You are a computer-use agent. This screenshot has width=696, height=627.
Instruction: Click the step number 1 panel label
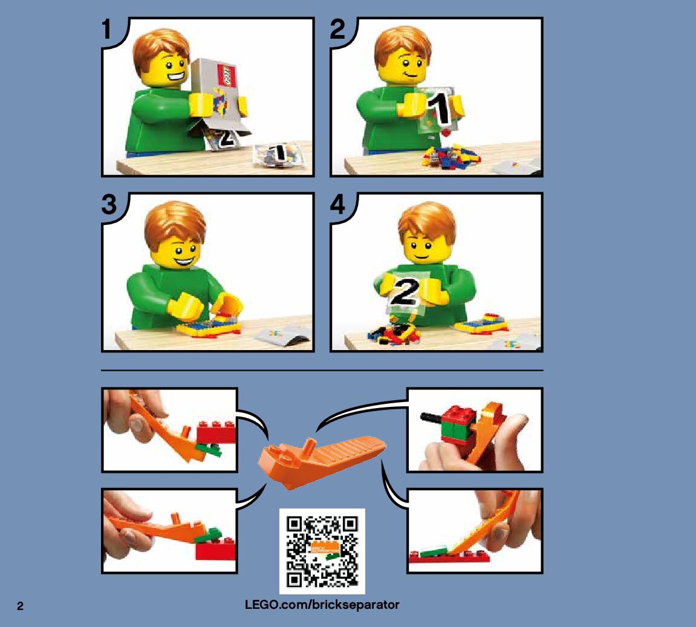(x=106, y=29)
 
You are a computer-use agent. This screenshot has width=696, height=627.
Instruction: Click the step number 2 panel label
(x=337, y=29)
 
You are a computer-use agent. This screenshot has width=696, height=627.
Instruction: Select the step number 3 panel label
(x=109, y=204)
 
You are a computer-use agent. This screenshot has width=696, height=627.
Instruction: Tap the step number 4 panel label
(x=338, y=204)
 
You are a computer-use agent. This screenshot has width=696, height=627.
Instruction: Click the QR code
(x=322, y=551)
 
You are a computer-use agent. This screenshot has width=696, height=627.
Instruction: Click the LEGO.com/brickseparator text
(x=322, y=605)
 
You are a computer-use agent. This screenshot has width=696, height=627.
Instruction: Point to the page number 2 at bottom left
(x=21, y=606)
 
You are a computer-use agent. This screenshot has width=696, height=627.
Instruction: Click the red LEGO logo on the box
(x=226, y=76)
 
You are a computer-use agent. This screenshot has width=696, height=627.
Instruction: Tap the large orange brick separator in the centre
(x=321, y=461)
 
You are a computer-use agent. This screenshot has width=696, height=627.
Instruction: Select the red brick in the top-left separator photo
(x=216, y=432)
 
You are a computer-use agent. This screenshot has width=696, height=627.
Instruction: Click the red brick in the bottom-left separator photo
(x=216, y=550)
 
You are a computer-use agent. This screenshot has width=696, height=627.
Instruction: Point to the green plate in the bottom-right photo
(x=435, y=551)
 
